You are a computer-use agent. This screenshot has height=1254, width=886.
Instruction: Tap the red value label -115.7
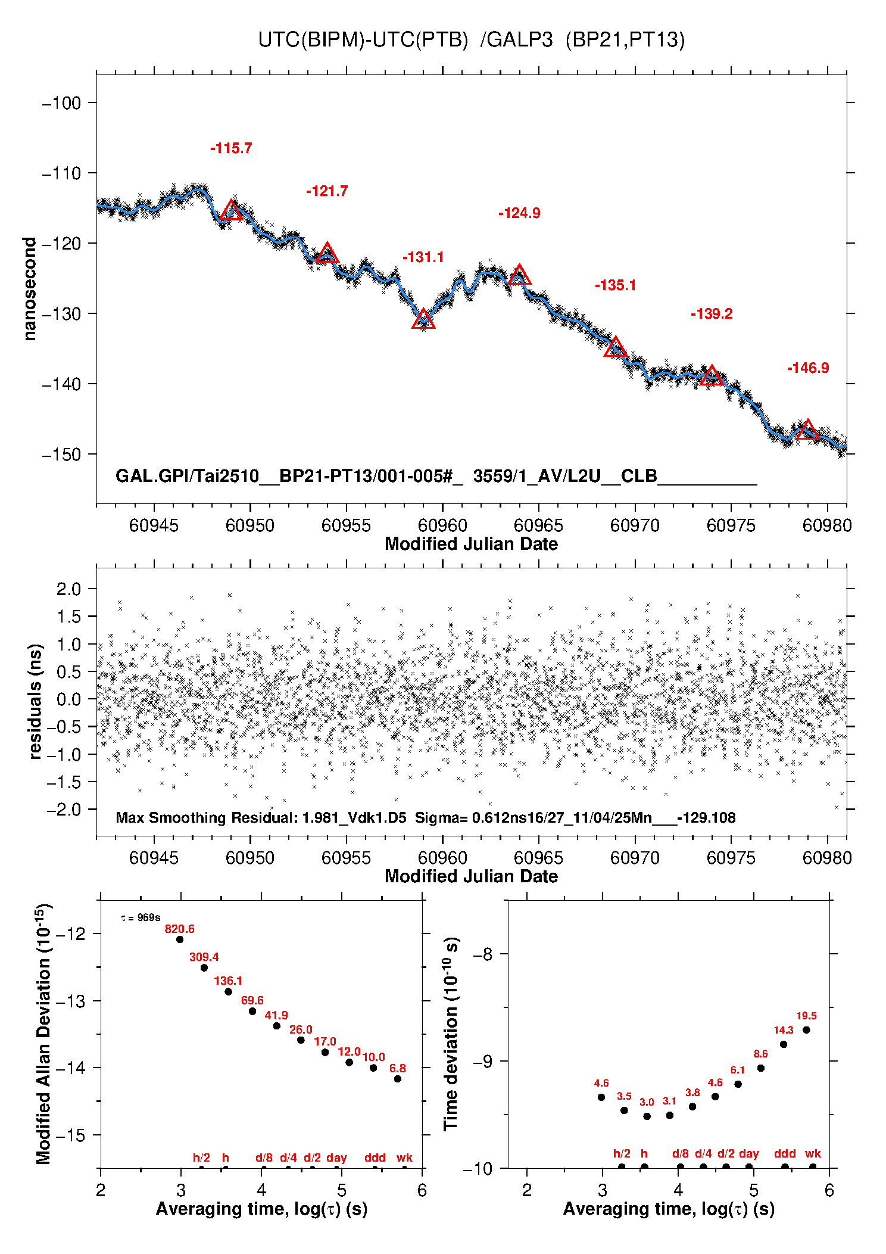[x=231, y=148]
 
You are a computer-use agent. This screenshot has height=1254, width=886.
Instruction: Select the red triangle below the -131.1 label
[x=423, y=320]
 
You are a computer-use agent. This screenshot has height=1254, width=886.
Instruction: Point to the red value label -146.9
[x=808, y=368]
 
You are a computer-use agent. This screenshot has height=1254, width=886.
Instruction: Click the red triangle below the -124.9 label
[x=520, y=275]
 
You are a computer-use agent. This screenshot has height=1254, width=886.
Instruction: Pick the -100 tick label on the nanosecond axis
[x=61, y=103]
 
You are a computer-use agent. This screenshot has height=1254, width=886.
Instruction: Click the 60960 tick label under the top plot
[x=442, y=525]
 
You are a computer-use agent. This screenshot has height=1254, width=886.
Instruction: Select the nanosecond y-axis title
[x=30, y=288]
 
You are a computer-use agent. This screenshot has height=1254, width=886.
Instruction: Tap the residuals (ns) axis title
[x=36, y=701]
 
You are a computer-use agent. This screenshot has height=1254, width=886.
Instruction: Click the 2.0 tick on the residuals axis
[x=68, y=589]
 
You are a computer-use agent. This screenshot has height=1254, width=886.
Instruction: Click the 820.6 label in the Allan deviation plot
[x=179, y=929]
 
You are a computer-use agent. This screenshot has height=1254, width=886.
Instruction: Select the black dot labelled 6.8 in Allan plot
[x=398, y=1079]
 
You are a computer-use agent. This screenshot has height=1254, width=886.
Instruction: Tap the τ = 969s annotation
[x=140, y=918]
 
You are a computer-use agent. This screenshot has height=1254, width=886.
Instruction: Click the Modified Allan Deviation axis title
[x=43, y=1034]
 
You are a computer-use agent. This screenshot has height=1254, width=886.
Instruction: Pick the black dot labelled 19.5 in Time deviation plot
[x=806, y=1030]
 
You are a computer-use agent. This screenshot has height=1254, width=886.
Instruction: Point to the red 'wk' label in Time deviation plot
[x=813, y=1153]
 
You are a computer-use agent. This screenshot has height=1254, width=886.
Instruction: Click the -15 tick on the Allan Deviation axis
[x=70, y=1135]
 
